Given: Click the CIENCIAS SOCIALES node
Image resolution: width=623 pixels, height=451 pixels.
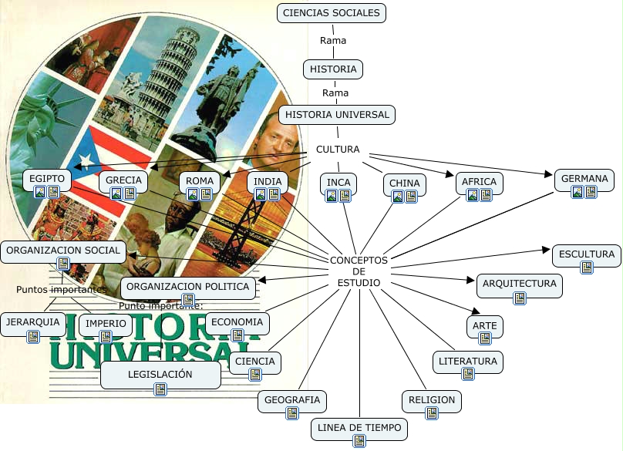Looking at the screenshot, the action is point(332,12).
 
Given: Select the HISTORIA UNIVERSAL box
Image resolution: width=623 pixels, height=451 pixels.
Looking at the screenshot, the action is point(337,115).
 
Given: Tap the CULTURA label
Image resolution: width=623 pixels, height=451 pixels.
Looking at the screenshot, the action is point(338,150).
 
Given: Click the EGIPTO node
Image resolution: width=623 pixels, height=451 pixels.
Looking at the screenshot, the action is point(46,180).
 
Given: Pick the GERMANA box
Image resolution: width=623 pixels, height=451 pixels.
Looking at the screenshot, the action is point(584,180).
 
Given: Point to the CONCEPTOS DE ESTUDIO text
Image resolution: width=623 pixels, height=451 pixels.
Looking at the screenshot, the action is point(359,271).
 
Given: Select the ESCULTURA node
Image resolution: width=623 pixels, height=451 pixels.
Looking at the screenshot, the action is point(587,254).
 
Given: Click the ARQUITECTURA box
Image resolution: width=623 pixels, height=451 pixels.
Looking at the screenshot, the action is point(519,284).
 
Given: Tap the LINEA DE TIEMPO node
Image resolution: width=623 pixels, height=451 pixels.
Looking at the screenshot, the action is point(359,427).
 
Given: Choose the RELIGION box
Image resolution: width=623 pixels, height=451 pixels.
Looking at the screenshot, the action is point(432,400).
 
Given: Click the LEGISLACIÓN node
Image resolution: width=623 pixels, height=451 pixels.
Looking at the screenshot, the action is point(160,374).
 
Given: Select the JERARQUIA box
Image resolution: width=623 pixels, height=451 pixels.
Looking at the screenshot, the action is point(32,321).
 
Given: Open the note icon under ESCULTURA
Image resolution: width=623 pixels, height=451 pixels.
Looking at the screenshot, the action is point(587,268).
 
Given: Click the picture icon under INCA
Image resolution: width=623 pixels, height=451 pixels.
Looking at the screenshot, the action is point(332,196).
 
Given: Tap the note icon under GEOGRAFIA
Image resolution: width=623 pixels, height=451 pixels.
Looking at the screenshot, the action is point(292,414).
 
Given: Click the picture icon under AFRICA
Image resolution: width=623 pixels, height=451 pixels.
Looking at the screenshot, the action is point(473,196).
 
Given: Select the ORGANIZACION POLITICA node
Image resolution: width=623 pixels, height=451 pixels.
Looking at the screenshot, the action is point(188,287).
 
